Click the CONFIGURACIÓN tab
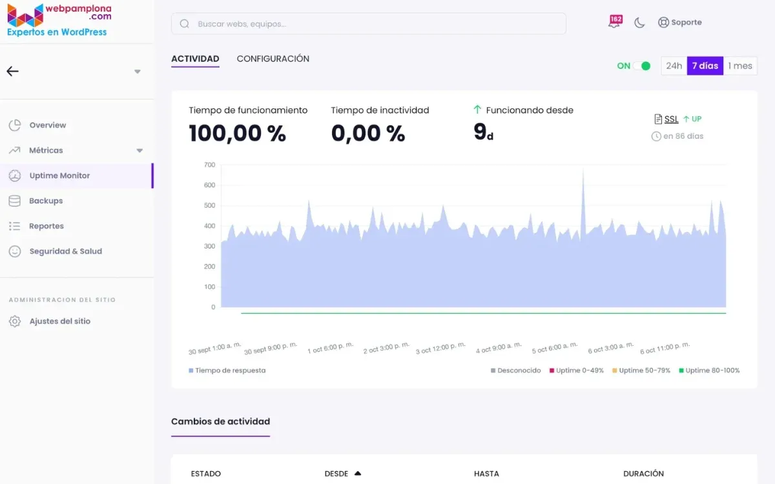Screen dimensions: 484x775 [273, 59]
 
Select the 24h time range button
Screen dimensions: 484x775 [674, 66]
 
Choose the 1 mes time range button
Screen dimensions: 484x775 [740, 66]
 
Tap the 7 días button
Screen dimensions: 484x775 [705, 66]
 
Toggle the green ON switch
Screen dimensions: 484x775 [641, 66]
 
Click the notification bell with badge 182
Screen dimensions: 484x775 [614, 22]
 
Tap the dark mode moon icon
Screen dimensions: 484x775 [639, 23]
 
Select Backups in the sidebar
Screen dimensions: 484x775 [46, 201]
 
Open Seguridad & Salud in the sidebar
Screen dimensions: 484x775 [65, 251]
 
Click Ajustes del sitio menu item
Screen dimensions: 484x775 [59, 321]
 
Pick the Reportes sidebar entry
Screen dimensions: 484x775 [46, 226]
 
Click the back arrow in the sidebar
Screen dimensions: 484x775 [13, 72]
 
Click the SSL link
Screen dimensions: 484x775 [671, 119]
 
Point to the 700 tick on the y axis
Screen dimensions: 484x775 [209, 165]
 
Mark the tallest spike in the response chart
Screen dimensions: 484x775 [583, 172]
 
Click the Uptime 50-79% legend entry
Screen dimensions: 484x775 [641, 370]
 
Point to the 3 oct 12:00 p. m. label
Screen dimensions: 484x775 [440, 348]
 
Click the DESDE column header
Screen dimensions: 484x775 [336, 474]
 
